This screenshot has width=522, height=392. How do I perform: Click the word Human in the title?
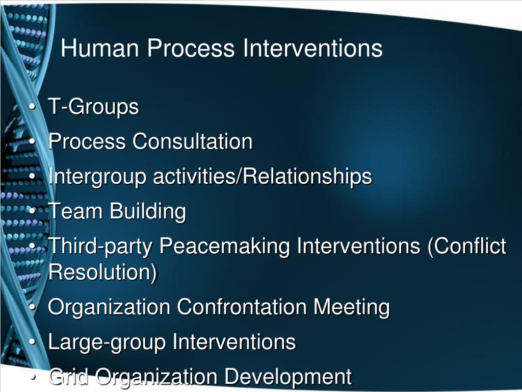99,49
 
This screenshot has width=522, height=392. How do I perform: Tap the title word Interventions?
312,49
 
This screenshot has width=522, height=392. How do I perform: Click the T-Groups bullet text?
93,107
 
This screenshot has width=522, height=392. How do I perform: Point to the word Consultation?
193,141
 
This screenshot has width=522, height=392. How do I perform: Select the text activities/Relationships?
263,177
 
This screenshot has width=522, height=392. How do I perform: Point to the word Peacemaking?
225,247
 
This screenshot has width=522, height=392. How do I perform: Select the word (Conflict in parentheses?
466,247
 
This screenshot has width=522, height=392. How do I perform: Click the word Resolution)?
102,272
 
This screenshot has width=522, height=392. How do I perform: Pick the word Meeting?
351,307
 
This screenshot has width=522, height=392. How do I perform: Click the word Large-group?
107,342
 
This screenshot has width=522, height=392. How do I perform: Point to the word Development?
288,377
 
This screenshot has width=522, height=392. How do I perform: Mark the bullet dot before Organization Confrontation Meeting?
33,308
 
